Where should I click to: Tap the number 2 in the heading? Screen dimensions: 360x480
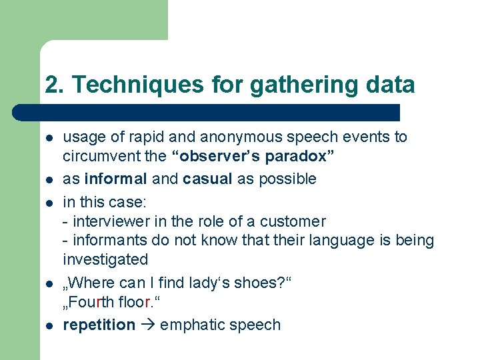coord(51,85)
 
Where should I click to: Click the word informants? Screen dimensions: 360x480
coord(105,240)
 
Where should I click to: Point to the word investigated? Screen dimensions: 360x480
coord(105,259)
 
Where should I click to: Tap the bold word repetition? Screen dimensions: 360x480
coord(99,325)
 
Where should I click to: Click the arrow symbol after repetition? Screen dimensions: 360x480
coord(148,325)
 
